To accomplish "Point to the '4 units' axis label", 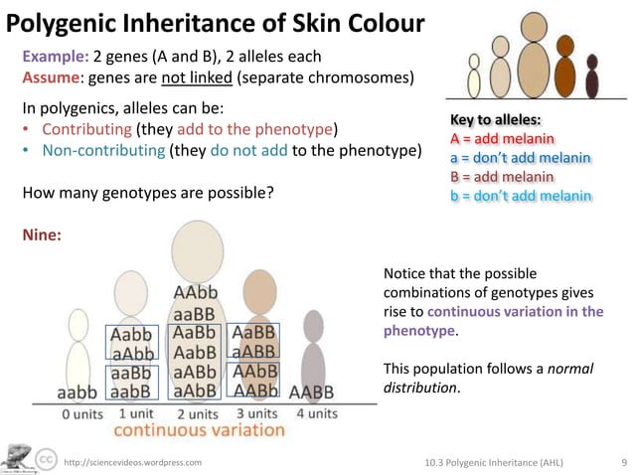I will (x=317, y=412).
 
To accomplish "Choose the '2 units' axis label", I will (x=198, y=413).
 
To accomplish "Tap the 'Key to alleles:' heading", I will (x=497, y=121).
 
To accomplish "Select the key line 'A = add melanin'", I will (x=502, y=139).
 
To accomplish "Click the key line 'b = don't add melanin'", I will (x=521, y=193).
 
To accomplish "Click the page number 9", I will (x=622, y=462).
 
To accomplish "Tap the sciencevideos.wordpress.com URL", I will (x=132, y=463).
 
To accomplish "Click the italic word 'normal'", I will (x=570, y=368).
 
